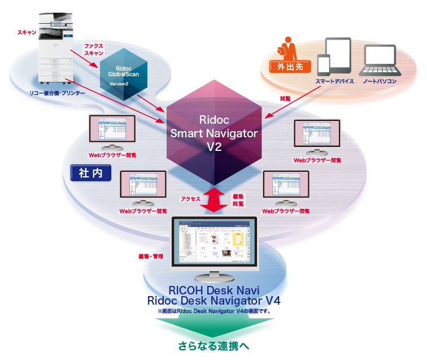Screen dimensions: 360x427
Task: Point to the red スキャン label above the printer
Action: coord(27,33)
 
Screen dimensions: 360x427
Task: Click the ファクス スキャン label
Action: coord(94,49)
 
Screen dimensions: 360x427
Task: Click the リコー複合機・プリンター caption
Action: coord(58,92)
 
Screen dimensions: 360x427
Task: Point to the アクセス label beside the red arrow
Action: coord(190,198)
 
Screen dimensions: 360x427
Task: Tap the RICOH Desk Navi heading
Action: coord(214,290)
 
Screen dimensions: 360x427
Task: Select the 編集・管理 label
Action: coord(150,257)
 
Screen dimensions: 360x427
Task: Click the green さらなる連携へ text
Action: coord(213,346)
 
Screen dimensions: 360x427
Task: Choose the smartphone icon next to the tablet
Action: coord(323,64)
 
